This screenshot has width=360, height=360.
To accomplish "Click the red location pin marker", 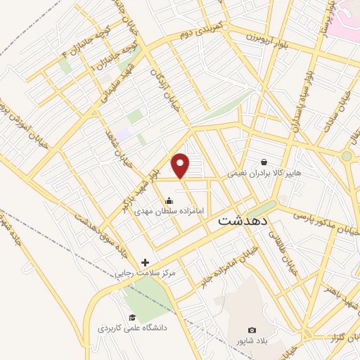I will click(181, 165).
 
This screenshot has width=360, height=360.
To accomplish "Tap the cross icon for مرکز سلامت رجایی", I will click(145, 262).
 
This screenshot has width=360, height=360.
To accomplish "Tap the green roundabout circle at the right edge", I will click(347, 156).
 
